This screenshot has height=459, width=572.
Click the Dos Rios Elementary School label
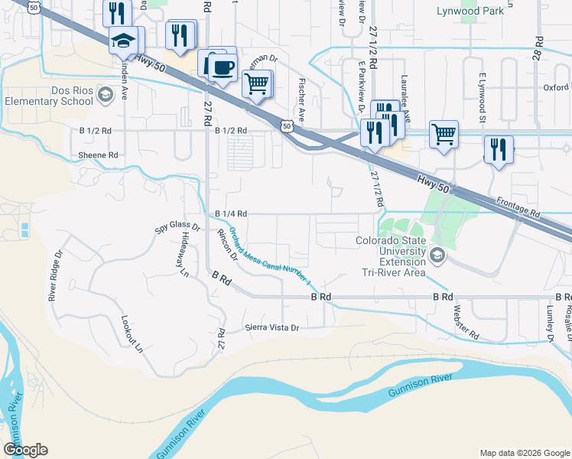(x=47, y=95)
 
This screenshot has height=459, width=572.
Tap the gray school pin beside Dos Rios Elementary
(x=106, y=95)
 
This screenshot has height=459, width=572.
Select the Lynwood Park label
(x=470, y=11)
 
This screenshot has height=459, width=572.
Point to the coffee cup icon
(x=223, y=67)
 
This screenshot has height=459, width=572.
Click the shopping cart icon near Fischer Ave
(x=258, y=82)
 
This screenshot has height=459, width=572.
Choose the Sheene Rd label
(x=99, y=155)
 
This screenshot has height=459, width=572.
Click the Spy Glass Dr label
(x=177, y=228)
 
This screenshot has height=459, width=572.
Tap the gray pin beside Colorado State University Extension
(x=437, y=255)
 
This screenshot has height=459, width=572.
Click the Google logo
(x=25, y=450)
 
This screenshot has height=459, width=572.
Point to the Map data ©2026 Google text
(x=525, y=453)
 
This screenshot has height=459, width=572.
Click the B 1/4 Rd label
(x=231, y=214)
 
